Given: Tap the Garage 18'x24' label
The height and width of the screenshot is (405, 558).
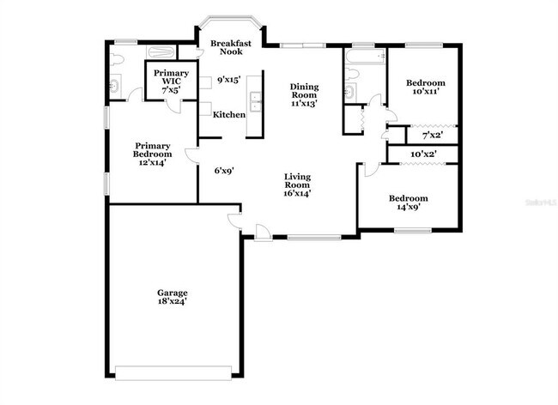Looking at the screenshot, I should (172, 297).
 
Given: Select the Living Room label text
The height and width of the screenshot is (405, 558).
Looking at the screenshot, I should (297, 184).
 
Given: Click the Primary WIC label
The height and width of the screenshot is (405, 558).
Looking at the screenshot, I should (166, 80).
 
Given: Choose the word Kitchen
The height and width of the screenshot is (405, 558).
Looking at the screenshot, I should (229, 115).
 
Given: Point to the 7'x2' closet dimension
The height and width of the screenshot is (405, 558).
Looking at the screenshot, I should (433, 136).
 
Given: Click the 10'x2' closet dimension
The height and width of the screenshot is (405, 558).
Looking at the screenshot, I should (423, 154).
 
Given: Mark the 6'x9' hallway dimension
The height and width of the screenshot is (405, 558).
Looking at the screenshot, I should (224, 170).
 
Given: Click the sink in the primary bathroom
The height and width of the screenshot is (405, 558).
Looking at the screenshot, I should (115, 85).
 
